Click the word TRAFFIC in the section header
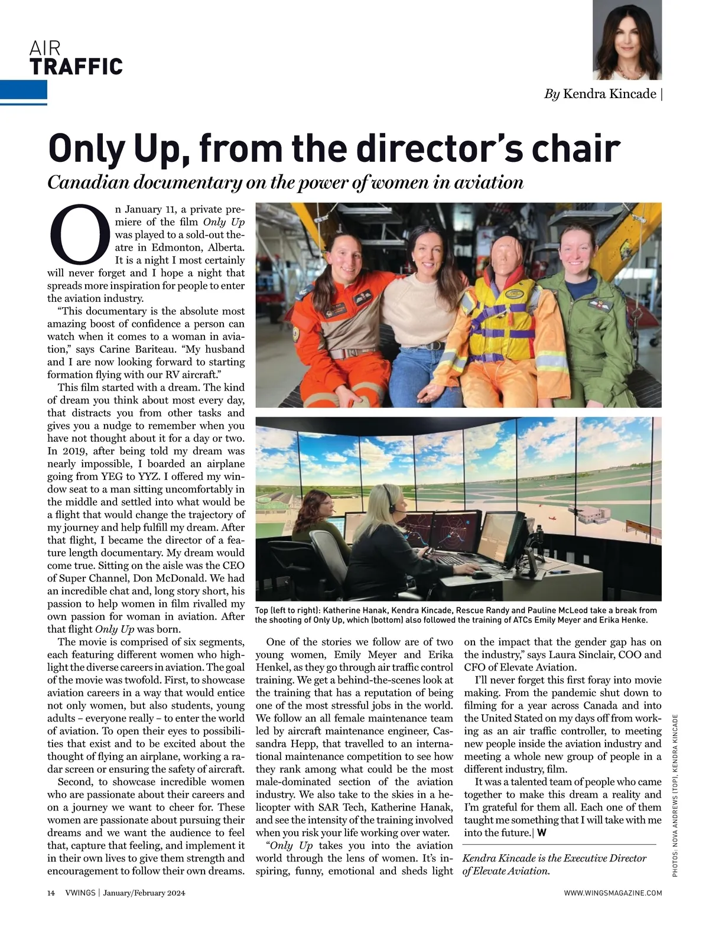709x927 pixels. pyautogui.click(x=76, y=67)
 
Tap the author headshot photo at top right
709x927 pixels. pyautogui.click(x=627, y=40)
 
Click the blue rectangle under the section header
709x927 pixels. pyautogui.click(x=24, y=90)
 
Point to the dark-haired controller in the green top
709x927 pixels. pyautogui.click(x=319, y=520)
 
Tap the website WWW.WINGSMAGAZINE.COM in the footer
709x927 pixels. pyautogui.click(x=613, y=893)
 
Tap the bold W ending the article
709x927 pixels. pyautogui.click(x=542, y=832)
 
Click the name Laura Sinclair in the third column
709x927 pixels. pyautogui.click(x=578, y=655)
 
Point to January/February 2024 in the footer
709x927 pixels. pyautogui.click(x=144, y=893)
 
